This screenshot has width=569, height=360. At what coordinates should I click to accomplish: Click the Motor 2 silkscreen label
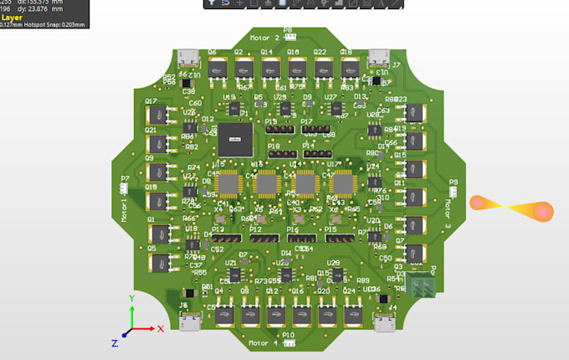pyautogui.click(x=265, y=39)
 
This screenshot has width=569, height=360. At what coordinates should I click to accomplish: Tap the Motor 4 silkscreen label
pyautogui.click(x=264, y=342)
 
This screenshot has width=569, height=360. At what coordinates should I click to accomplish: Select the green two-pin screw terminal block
pyautogui.click(x=426, y=285)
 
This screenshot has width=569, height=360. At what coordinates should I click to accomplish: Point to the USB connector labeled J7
pyautogui.click(x=378, y=57)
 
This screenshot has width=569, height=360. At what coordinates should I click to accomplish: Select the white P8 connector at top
pyautogui.click(x=289, y=36)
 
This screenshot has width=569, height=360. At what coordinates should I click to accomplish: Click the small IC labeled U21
pyautogui.click(x=235, y=273)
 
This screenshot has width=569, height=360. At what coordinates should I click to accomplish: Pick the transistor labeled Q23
pyautogui.click(x=413, y=113)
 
